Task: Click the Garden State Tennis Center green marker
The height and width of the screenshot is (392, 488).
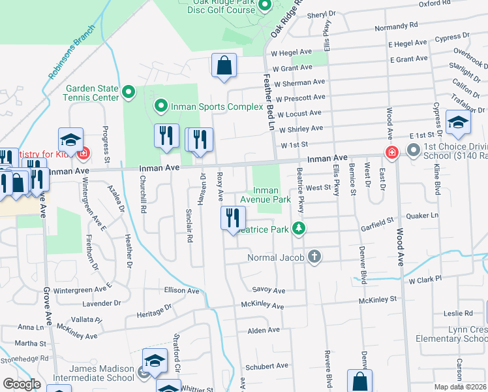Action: click(129, 93)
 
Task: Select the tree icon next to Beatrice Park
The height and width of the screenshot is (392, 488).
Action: click(299, 229)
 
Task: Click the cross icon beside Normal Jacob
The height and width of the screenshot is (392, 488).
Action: click(314, 257)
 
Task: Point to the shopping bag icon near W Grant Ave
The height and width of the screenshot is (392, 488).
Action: click(224, 66)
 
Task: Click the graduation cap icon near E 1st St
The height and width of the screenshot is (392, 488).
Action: click(458, 122)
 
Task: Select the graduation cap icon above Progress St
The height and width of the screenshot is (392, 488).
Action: click(70, 140)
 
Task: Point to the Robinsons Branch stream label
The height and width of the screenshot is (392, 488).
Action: click(72, 57)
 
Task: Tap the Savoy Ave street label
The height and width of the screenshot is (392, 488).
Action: click(269, 290)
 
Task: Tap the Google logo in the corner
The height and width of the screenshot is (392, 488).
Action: click(22, 384)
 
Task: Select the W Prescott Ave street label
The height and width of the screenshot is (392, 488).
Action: click(299, 97)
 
